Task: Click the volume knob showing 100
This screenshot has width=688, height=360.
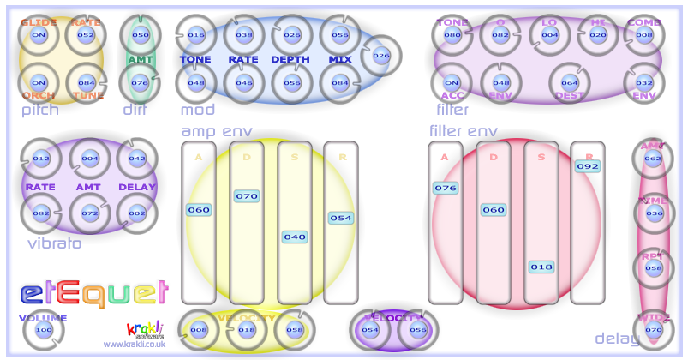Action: click(43, 330)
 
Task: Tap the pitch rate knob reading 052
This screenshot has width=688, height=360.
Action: click(86, 35)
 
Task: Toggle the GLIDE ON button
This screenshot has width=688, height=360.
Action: click(38, 35)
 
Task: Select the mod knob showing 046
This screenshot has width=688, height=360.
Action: click(244, 83)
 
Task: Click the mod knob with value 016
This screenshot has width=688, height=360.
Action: click(196, 35)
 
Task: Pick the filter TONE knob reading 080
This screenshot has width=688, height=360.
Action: click(452, 35)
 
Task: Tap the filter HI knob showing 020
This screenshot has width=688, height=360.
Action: click(598, 35)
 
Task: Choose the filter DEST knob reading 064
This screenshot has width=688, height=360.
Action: click(570, 83)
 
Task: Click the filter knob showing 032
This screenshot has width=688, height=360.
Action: click(644, 83)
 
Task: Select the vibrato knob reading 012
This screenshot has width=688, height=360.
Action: click(41, 159)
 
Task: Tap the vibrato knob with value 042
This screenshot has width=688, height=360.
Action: click(137, 159)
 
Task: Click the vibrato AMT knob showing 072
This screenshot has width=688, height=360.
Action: click(89, 212)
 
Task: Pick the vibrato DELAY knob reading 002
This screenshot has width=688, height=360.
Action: click(137, 212)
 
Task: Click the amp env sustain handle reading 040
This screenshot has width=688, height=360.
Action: click(295, 237)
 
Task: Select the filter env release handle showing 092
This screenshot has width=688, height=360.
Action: click(588, 166)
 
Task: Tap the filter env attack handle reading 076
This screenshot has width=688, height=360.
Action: click(446, 188)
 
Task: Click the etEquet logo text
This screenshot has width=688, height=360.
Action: click(93, 294)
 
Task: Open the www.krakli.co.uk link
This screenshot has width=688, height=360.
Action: click(134, 344)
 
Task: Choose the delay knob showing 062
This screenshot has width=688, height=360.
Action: click(654, 159)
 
